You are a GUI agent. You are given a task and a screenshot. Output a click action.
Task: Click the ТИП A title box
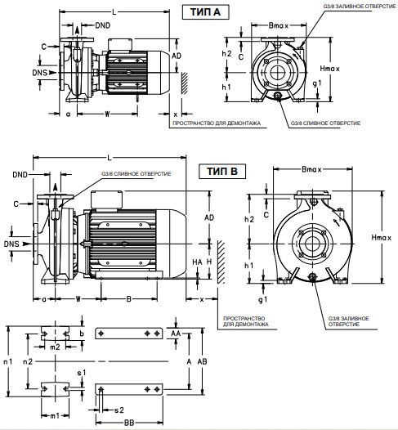click(x=206, y=12)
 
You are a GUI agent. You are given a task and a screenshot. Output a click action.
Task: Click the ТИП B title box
click(x=222, y=172)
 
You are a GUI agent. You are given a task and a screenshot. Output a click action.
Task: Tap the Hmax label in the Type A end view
click(x=329, y=69)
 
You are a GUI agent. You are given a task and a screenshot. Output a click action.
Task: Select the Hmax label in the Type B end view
click(x=382, y=237)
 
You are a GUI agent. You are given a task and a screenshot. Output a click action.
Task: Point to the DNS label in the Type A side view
click(x=40, y=73)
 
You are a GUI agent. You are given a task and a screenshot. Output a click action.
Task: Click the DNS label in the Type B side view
click(x=11, y=244)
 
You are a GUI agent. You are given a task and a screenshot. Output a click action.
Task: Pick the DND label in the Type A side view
click(x=103, y=25)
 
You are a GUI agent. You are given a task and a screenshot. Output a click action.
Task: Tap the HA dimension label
click(x=197, y=262)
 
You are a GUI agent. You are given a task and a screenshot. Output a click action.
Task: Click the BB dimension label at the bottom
click(x=129, y=423)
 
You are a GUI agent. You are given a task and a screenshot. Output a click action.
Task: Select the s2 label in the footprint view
click(x=119, y=410)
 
